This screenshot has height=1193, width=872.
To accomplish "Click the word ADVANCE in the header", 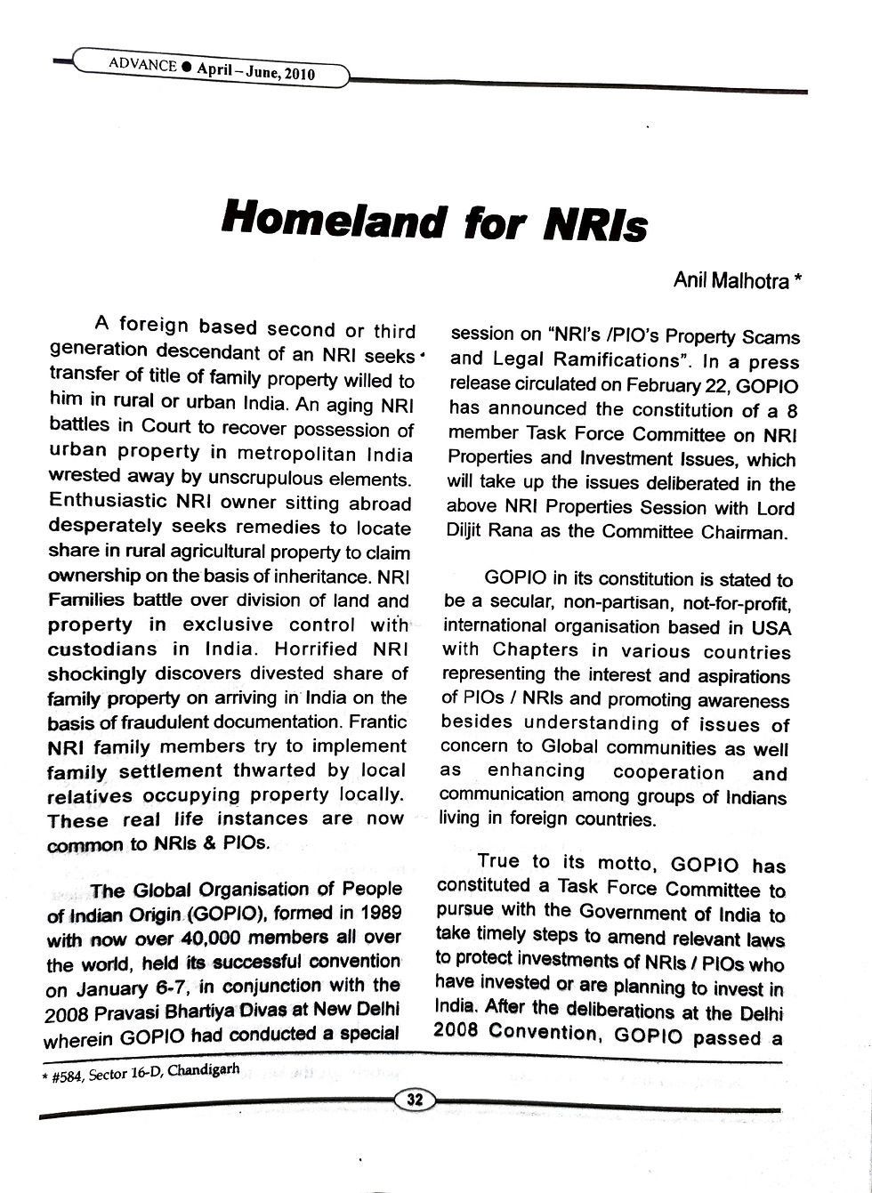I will pyautogui.click(x=141, y=64).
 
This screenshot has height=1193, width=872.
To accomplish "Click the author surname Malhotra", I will pyautogui.click(x=755, y=281).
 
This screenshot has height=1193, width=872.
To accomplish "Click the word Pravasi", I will pyautogui.click(x=129, y=1010).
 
